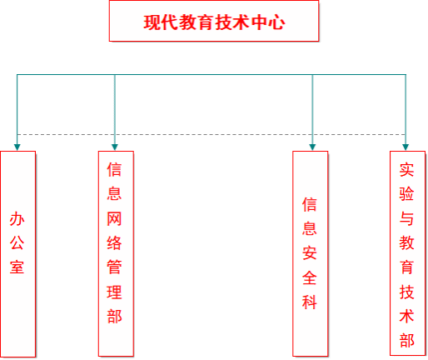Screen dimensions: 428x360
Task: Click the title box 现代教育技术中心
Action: [214, 21]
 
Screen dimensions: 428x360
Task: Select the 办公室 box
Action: [18, 254]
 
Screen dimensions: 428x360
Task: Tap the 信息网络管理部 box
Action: [116, 253]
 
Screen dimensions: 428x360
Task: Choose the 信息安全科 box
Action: [311, 253]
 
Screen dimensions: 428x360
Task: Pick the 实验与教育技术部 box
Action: [407, 253]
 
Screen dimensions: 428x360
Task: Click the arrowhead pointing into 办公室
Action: [17, 147]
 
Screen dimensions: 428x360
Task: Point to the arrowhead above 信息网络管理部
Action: [115, 147]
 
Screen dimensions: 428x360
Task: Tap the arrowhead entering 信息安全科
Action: [312, 147]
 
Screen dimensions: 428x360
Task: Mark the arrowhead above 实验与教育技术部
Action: [406, 147]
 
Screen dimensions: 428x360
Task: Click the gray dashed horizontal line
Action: [212, 134]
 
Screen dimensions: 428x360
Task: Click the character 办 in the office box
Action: [17, 219]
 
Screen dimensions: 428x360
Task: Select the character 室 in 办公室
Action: [17, 267]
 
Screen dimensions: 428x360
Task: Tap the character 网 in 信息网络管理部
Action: [114, 218]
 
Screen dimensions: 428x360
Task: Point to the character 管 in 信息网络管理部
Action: [114, 267]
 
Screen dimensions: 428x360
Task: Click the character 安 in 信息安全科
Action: [310, 253]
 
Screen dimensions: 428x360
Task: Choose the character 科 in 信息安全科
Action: [310, 302]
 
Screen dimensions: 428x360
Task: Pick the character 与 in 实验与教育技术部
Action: [406, 218]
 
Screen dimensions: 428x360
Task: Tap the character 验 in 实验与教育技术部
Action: [406, 194]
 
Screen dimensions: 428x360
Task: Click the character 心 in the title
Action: [276, 22]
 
